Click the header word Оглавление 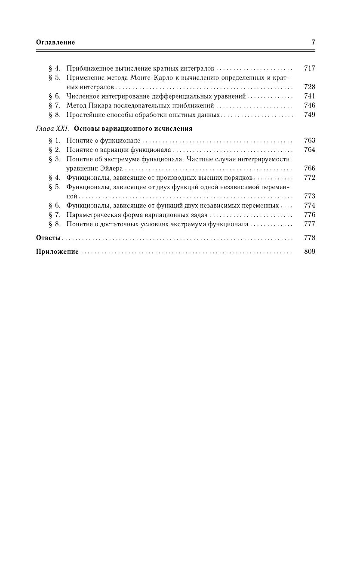55,42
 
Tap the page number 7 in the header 313,42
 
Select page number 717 309,68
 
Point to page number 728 309,87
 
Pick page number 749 309,115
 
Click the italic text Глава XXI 52,129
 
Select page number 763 309,141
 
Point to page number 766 309,169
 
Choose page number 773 309,196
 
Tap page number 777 309,224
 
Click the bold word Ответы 48,238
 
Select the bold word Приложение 57,252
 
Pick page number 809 309,252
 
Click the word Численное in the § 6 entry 82,96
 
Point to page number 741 309,96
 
